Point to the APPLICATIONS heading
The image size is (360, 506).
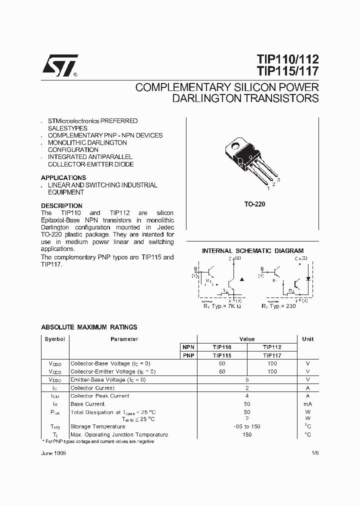pos(63,177)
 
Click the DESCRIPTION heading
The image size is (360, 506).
pos(61,205)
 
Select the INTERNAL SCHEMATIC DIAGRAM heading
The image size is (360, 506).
pos(252,250)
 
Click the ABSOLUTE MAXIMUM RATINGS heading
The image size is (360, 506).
pos(89,327)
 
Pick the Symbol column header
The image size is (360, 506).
pos(54,339)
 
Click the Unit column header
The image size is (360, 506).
pos(307,339)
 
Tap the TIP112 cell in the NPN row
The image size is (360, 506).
pos(271,347)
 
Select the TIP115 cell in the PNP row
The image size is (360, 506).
pos(222,355)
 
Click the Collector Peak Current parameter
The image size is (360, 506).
pos(99,395)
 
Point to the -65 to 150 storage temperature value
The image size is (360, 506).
pos(246,426)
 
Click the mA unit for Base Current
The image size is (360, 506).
pos(307,403)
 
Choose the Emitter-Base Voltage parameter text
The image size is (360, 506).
pos(108,379)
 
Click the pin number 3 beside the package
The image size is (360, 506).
pos(278,179)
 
